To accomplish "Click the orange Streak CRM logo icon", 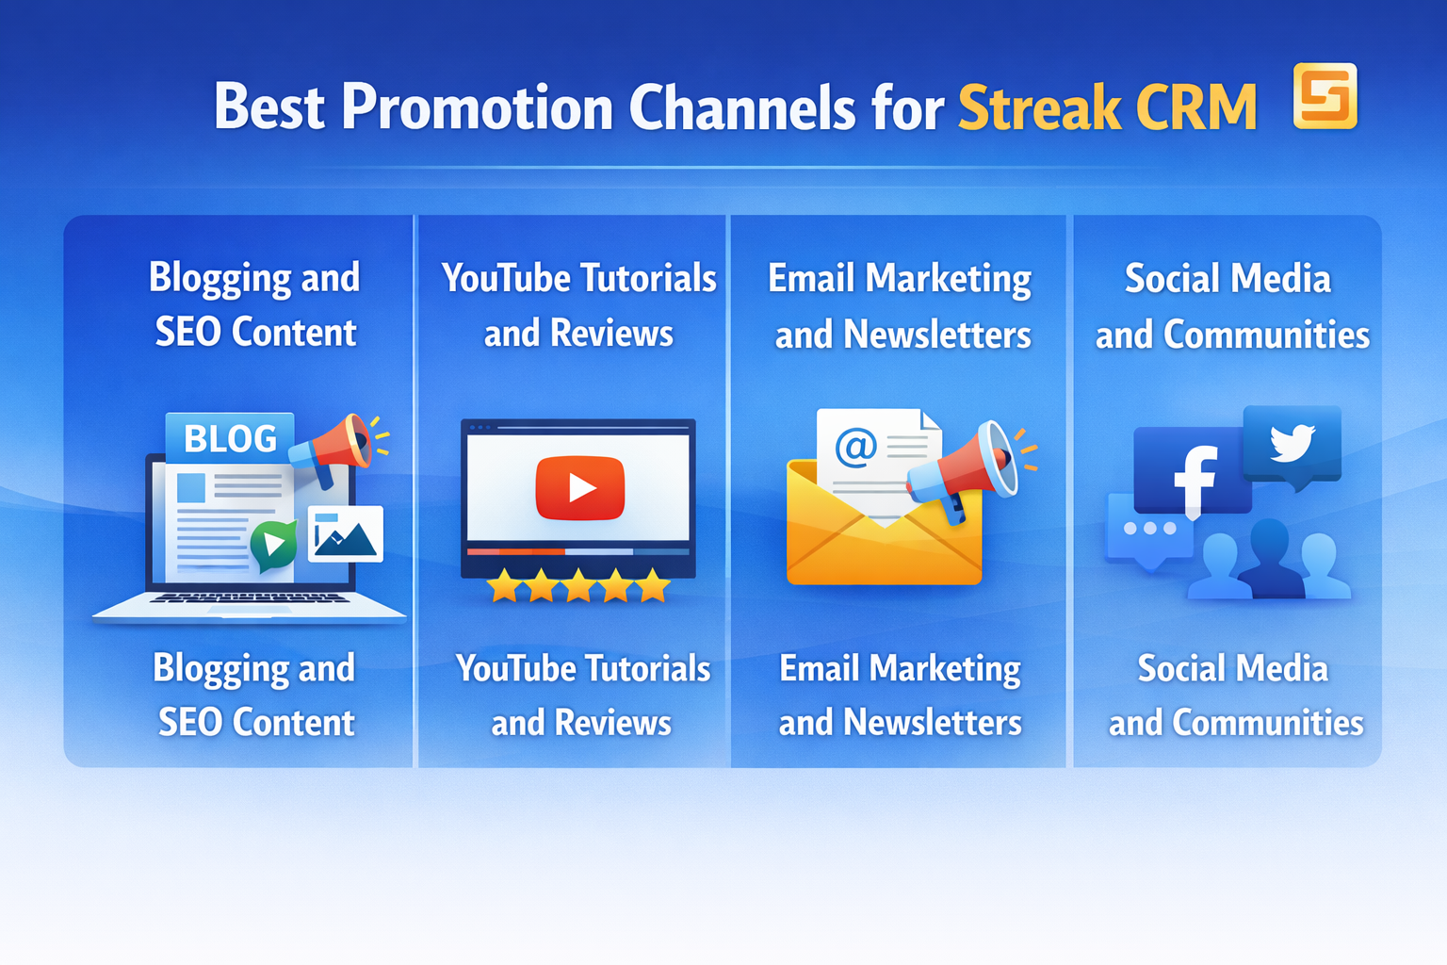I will tap(1325, 95).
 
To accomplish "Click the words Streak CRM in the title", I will tap(1107, 107).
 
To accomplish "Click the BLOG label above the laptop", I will tap(230, 438).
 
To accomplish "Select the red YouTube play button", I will tap(579, 487).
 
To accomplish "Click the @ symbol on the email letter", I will tap(855, 446).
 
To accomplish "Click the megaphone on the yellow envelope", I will tap(966, 466).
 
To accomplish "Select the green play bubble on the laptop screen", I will tap(273, 544).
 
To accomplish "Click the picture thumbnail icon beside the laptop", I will tap(346, 534).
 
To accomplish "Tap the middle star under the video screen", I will tap(578, 586).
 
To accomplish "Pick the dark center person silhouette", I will tap(1268, 562).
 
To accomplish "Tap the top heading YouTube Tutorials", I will tap(578, 279).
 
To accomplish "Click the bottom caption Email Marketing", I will tap(900, 669).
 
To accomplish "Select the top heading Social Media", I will tap(1228, 279).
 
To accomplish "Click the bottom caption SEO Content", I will tap(256, 723).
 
